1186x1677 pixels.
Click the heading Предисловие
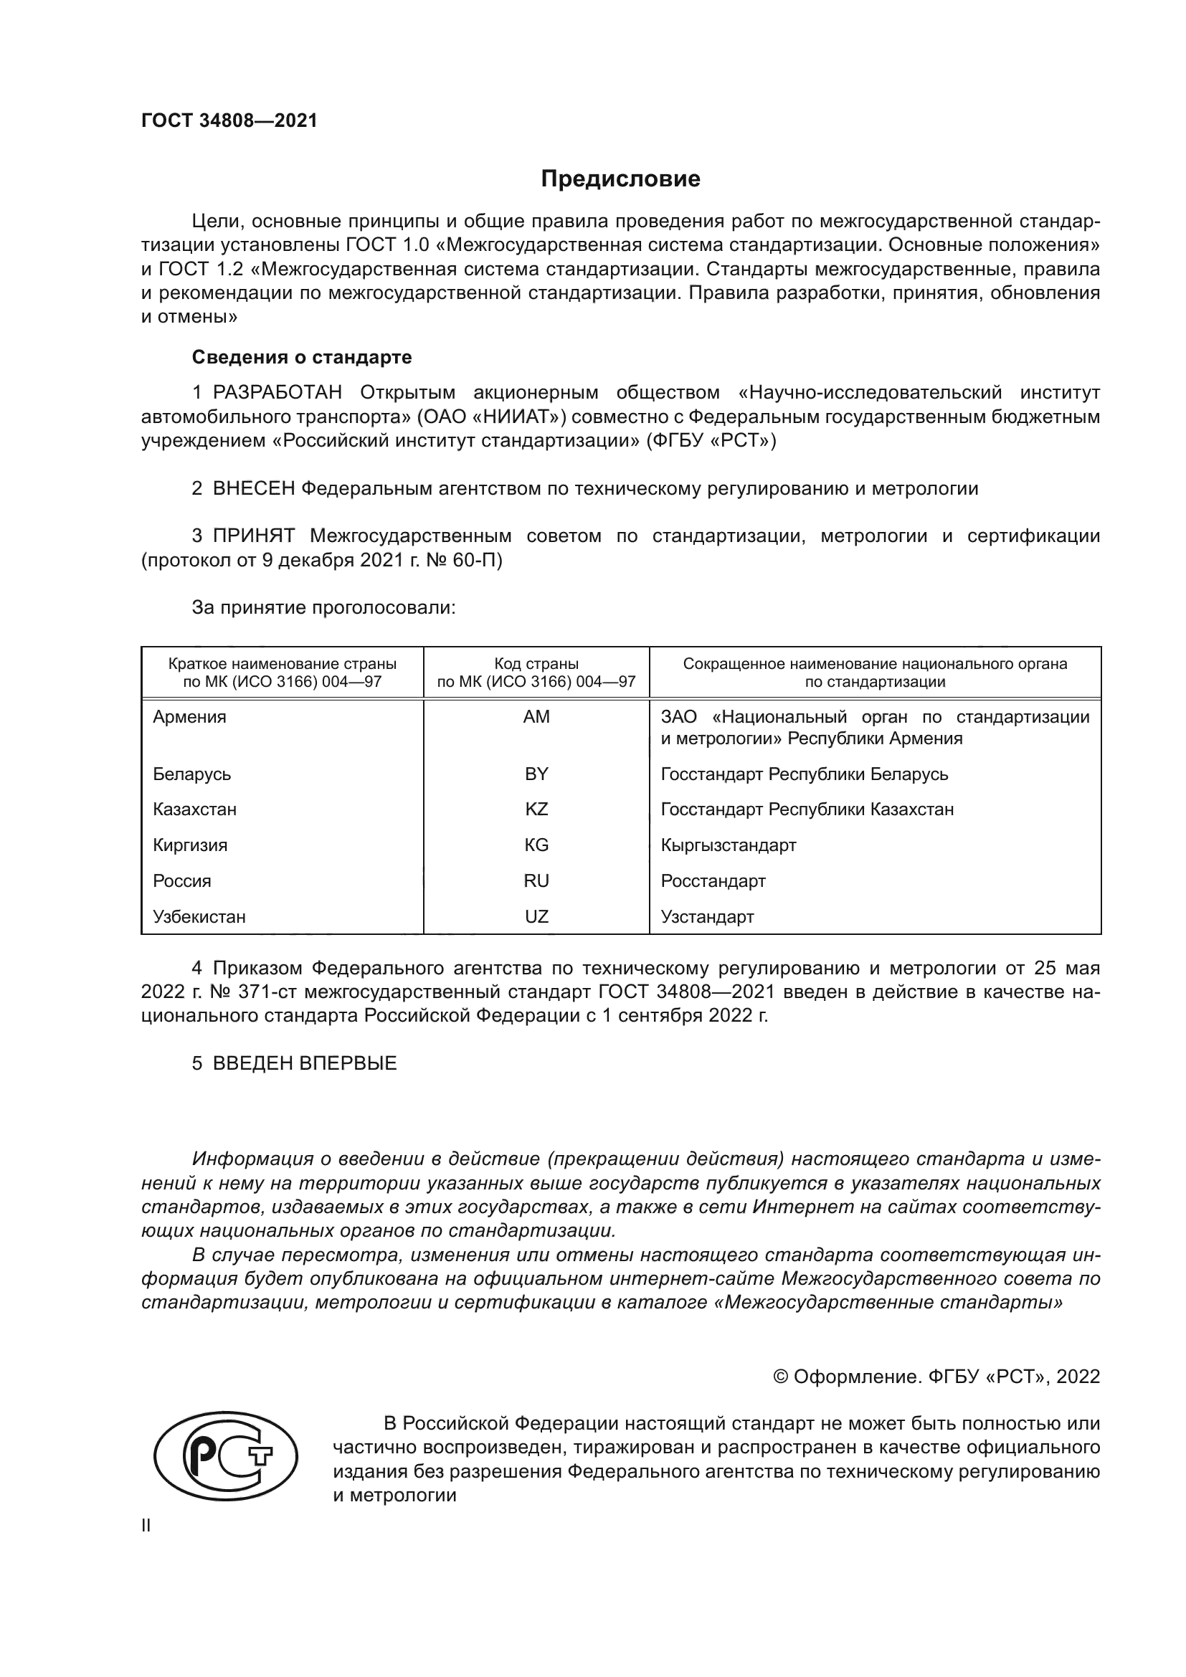pyautogui.click(x=620, y=179)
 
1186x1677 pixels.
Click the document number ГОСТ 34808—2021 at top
pyautogui.click(x=229, y=121)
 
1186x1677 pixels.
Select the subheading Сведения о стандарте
pyautogui.click(x=302, y=357)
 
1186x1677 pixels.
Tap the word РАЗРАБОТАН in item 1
pyautogui.click(x=277, y=393)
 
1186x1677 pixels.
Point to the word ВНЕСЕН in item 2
pyautogui.click(x=252, y=489)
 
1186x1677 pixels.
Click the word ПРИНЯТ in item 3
pyautogui.click(x=253, y=536)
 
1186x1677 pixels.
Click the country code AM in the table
pyautogui.click(x=536, y=716)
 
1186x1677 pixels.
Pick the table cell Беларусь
pyautogui.click(x=191, y=774)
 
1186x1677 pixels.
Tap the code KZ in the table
pyautogui.click(x=536, y=809)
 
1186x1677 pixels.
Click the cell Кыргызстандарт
pyautogui.click(x=728, y=845)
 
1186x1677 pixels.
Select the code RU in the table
pyautogui.click(x=536, y=881)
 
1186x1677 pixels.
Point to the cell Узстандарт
pyautogui.click(x=707, y=917)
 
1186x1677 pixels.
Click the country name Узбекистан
pyautogui.click(x=199, y=917)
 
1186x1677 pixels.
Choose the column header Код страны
pyautogui.click(x=536, y=664)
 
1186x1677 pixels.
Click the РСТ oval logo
pyautogui.click(x=226, y=1455)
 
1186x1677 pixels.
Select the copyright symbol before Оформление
pyautogui.click(x=780, y=1377)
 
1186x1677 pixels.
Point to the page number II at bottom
pyautogui.click(x=146, y=1526)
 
